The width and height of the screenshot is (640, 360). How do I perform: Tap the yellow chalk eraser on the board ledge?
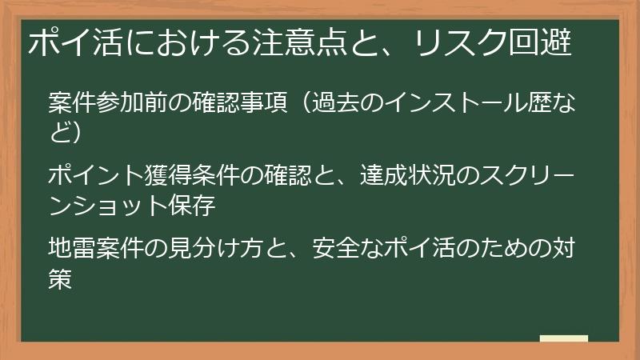(x=563, y=339)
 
